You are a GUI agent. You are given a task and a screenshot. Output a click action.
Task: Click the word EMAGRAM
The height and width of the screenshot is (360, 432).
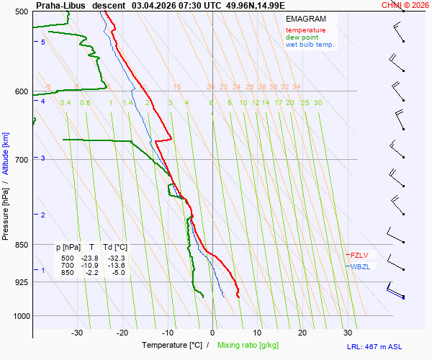click(x=307, y=19)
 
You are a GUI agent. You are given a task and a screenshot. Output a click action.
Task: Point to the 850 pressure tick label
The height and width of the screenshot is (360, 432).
click(x=20, y=246)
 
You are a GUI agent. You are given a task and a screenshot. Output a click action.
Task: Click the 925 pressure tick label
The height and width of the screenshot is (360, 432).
click(x=20, y=282)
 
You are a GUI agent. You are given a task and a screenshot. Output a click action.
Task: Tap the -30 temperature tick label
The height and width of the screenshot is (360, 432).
click(x=77, y=333)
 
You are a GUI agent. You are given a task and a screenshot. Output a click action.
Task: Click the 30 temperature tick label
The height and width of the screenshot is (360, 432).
click(x=348, y=333)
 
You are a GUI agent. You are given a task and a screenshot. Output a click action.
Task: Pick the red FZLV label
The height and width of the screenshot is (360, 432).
click(x=359, y=255)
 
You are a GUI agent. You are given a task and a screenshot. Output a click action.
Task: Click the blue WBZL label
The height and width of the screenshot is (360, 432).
click(x=361, y=267)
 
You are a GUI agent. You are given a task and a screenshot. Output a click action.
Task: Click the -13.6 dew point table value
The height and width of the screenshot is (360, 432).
click(x=116, y=265)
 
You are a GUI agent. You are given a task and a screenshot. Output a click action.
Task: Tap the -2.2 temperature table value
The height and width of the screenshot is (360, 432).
click(x=91, y=272)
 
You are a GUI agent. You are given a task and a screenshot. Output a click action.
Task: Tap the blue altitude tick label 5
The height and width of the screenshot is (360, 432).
click(x=43, y=42)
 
